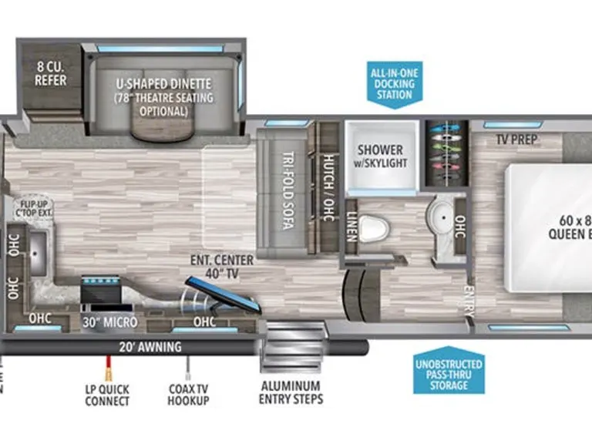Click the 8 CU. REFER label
click(x=50, y=74)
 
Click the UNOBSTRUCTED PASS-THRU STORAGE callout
click(x=448, y=374)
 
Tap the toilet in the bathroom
click(x=375, y=227)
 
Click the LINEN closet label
click(x=351, y=220)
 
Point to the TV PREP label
click(x=516, y=140)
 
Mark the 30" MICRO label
click(x=110, y=321)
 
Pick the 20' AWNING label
click(x=150, y=347)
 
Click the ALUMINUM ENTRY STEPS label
click(x=291, y=392)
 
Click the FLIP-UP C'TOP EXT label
click(x=32, y=207)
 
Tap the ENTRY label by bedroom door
click(x=468, y=301)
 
